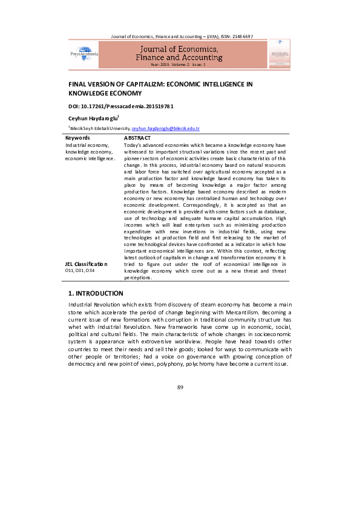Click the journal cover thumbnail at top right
pos(279,53)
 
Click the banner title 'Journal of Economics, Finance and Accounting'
pos(182,53)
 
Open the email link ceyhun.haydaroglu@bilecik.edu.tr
pos(165,129)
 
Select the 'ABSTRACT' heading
pos(137,138)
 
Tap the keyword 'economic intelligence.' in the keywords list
pos(90,158)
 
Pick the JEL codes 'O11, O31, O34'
pos(79,271)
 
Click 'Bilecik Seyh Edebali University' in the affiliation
pos(100,129)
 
